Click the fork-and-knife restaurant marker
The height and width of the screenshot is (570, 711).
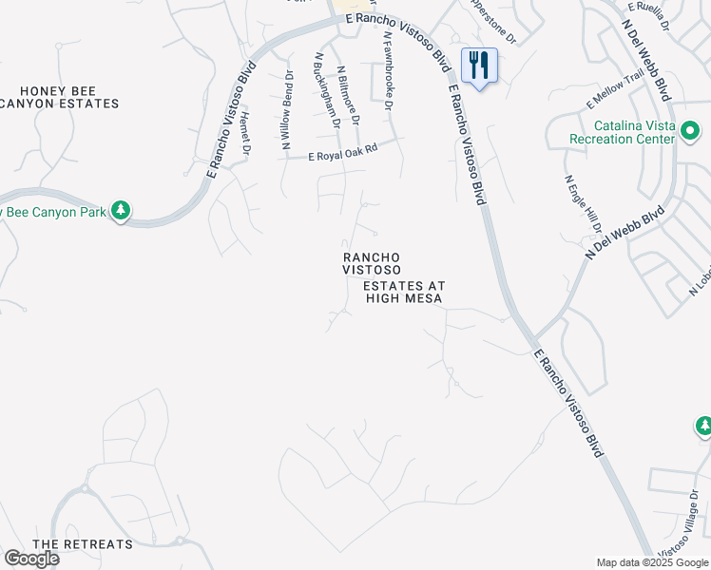(x=479, y=66)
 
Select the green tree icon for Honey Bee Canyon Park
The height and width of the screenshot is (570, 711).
(x=121, y=210)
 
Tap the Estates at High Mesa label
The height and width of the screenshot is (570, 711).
(x=405, y=292)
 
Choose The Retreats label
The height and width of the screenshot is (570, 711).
(x=83, y=544)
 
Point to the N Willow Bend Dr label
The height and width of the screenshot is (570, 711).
(x=285, y=111)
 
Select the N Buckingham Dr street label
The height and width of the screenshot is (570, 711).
(x=325, y=90)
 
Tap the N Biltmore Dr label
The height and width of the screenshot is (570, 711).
(x=349, y=93)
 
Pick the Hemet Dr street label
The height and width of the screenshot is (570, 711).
(x=245, y=133)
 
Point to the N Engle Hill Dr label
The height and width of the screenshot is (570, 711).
(x=583, y=203)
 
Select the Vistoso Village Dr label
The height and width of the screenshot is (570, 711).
(x=680, y=534)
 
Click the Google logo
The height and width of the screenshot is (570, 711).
(x=31, y=559)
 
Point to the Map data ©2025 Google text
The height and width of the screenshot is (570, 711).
(x=653, y=562)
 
